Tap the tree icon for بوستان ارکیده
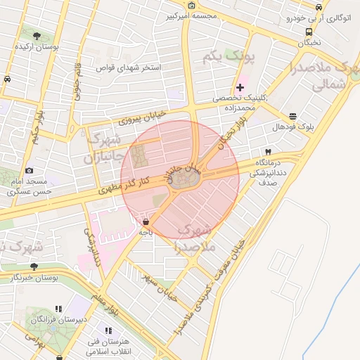point(37,34)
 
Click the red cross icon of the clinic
point(240,87)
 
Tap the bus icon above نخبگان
point(309,32)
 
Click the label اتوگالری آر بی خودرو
point(321,18)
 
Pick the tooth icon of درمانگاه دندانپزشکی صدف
point(267,152)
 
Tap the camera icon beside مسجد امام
point(29,170)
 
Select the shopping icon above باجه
point(146,222)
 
